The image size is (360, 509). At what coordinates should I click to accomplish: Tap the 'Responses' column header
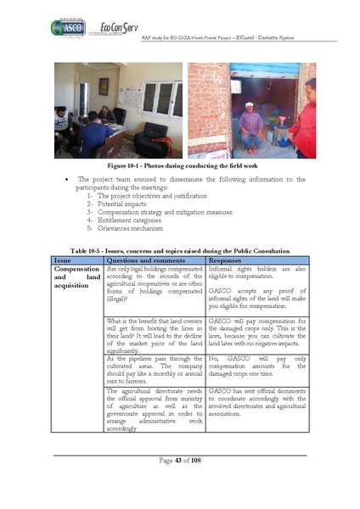[228, 260]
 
